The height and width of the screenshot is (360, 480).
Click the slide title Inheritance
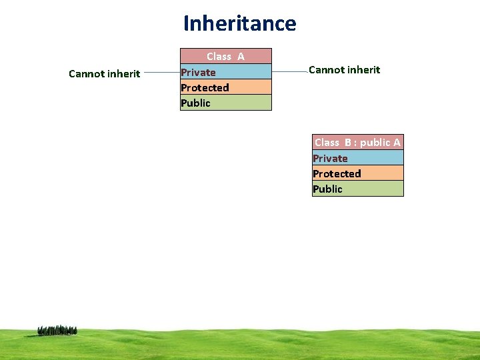[x=240, y=23]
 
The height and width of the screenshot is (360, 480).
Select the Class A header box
[x=226, y=56]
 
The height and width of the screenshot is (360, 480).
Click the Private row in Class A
[x=226, y=72]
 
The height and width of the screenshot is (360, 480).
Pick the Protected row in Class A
[x=226, y=87]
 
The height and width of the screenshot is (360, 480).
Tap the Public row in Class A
[x=226, y=103]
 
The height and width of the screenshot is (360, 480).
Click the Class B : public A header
[x=357, y=142]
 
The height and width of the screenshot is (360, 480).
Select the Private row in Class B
[x=358, y=158]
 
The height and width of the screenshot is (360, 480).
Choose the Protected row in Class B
[x=358, y=173]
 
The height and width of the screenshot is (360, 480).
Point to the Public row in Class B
[x=358, y=189]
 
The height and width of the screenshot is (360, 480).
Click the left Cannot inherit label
[x=104, y=73]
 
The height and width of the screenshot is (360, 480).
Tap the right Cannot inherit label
[x=344, y=70]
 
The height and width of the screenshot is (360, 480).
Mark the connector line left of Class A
[x=161, y=72]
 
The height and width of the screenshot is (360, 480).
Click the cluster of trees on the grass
[x=57, y=330]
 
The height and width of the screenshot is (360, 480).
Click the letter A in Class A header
[x=241, y=57]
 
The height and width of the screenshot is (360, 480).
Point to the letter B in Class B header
[x=348, y=142]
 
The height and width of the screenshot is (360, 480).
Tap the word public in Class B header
[x=375, y=142]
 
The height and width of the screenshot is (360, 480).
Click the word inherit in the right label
[x=363, y=70]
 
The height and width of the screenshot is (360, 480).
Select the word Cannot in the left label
[x=85, y=73]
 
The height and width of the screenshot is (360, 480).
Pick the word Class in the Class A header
[x=219, y=57]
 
